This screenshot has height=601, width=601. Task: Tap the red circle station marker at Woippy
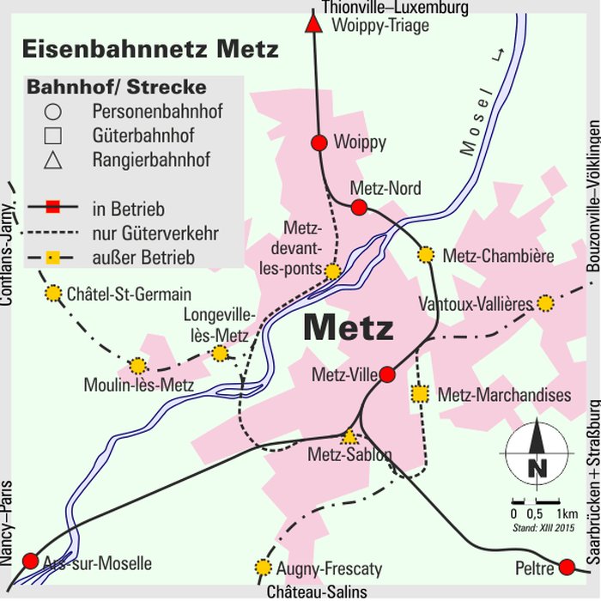(319, 143)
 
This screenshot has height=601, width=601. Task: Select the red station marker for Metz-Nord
(359, 207)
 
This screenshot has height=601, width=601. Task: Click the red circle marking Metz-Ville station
(387, 374)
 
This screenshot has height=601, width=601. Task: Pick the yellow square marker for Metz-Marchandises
(419, 394)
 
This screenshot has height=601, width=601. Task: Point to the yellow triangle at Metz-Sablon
(349, 437)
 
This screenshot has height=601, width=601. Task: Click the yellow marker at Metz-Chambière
(426, 254)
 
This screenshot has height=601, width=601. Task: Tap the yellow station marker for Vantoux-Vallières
(545, 303)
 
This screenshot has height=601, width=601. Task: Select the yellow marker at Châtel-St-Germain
(53, 294)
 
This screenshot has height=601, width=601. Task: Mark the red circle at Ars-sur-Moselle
(30, 561)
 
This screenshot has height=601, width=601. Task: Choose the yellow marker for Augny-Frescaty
(264, 568)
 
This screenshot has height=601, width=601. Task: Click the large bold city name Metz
(348, 328)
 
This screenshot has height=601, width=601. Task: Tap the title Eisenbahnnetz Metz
(150, 49)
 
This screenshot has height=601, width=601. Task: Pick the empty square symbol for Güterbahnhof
(52, 135)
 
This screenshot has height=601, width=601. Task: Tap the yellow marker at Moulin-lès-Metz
(137, 366)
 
